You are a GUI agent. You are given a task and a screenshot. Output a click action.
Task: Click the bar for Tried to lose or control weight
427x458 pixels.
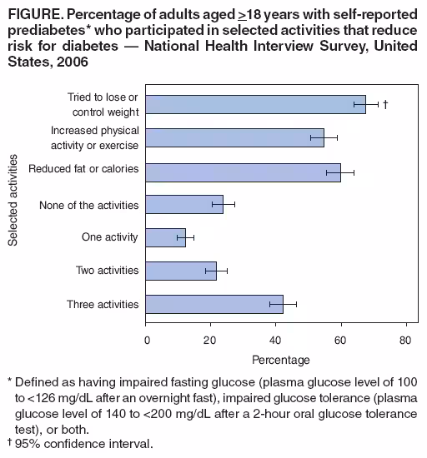point(256,104)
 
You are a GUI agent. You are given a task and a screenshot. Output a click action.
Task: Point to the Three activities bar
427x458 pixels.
point(215,304)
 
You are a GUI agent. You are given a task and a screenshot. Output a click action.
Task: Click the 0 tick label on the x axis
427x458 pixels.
point(148,340)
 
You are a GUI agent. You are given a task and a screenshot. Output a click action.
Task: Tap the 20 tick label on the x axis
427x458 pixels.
point(212,340)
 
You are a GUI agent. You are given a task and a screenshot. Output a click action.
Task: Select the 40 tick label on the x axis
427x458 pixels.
point(276,340)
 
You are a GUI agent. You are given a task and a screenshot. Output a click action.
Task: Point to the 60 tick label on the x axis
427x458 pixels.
point(341,340)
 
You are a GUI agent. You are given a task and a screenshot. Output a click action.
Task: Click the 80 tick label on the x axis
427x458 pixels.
point(405,340)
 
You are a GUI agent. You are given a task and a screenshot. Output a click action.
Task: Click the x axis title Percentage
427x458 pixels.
point(281,360)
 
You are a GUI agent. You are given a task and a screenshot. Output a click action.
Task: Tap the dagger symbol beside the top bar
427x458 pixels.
point(385,104)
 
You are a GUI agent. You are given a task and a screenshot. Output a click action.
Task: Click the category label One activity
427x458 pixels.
point(109,237)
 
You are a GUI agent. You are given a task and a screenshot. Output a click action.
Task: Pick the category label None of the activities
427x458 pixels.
point(89,204)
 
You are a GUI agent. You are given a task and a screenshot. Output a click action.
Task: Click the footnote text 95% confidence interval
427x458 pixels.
point(84,444)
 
